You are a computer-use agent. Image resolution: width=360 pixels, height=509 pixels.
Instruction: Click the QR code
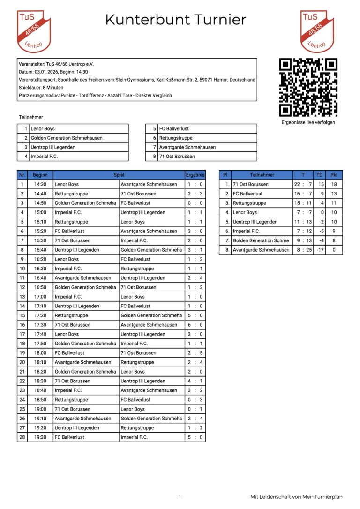pos(308,87)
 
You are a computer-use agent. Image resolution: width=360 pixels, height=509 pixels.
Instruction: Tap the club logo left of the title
pos(34,31)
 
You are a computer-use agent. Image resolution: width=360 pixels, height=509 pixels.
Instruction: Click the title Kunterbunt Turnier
pos(175,20)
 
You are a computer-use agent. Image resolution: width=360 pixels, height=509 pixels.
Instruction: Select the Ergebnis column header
pos(195,175)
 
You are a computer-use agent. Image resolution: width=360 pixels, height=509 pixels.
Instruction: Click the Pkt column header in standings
pos(334,175)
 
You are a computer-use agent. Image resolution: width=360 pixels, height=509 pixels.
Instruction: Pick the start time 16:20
pos(40,259)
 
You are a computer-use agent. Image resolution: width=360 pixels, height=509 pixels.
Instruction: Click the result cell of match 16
pos(195,325)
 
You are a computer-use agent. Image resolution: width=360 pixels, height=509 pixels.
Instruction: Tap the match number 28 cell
pos(22,437)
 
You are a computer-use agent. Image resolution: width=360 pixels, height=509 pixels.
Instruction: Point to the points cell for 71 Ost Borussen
pos(334,184)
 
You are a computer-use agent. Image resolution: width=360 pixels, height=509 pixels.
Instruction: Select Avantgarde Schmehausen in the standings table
pos(261,250)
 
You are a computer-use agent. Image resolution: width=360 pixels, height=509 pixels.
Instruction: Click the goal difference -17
pos(320,250)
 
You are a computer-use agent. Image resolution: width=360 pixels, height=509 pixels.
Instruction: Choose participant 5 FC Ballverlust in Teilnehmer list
pos(174,128)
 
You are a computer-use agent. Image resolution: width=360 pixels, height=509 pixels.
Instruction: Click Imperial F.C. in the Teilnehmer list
pos(45,157)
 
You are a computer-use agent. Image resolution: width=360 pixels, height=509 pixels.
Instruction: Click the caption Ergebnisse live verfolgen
pos(308,122)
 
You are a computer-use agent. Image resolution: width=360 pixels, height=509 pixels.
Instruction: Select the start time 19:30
pos(40,437)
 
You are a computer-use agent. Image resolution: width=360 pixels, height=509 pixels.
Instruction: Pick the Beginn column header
pos(40,175)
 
